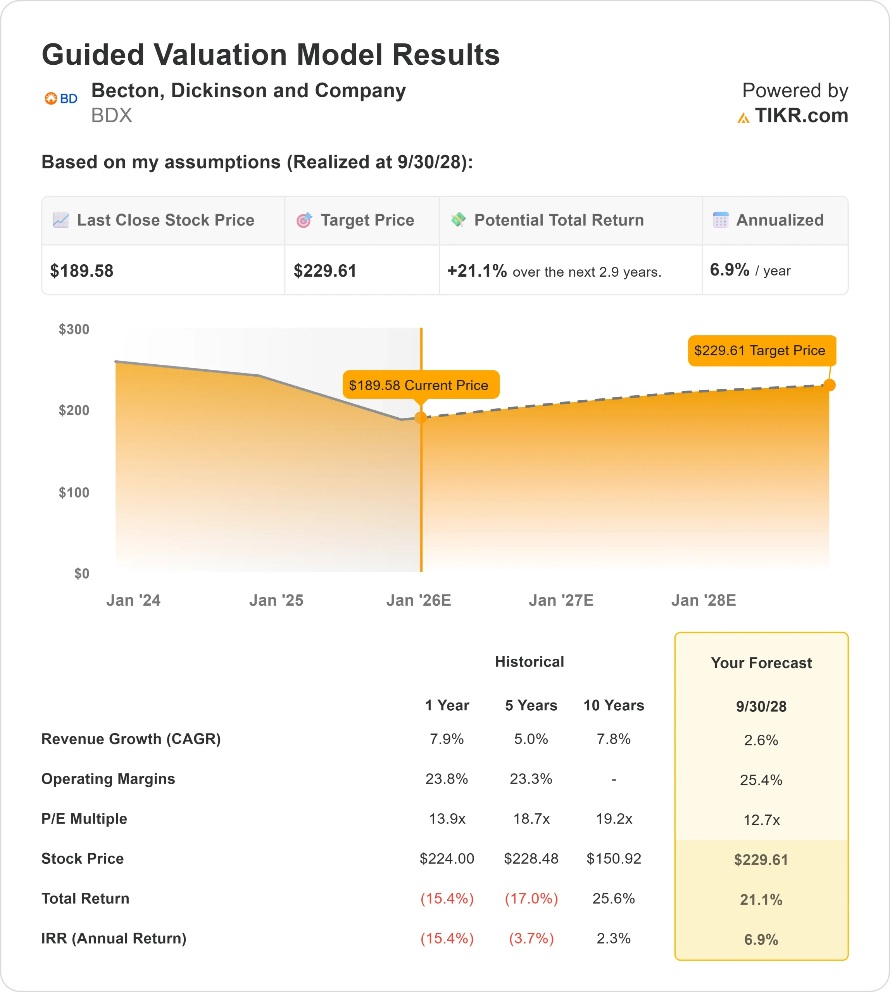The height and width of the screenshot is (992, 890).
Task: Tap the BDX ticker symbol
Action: click(112, 115)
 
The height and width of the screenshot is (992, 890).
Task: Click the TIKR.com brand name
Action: click(801, 116)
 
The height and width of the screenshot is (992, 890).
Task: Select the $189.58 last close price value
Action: click(82, 271)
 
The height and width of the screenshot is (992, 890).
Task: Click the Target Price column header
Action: click(367, 220)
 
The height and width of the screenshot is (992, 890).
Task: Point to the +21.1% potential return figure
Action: click(477, 271)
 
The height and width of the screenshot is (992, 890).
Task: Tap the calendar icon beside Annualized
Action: click(720, 220)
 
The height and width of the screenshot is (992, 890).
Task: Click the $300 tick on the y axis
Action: click(74, 329)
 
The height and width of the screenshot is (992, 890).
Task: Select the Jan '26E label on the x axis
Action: click(419, 600)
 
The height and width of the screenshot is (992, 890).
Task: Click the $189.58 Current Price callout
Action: click(419, 385)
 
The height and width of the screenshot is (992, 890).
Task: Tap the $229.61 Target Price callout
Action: click(759, 351)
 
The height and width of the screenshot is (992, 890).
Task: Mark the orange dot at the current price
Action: click(421, 417)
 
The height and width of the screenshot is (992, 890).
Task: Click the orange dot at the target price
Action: click(830, 385)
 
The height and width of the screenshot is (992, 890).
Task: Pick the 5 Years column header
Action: click(531, 706)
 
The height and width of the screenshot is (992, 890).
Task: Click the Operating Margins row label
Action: click(108, 779)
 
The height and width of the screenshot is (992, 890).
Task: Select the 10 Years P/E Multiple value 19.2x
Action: click(614, 819)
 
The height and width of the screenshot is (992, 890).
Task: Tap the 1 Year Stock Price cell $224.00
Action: click(447, 859)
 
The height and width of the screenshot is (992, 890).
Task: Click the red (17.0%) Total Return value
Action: click(531, 899)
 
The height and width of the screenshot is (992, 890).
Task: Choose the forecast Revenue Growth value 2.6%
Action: click(761, 740)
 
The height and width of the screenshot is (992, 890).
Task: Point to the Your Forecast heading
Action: click(761, 663)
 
